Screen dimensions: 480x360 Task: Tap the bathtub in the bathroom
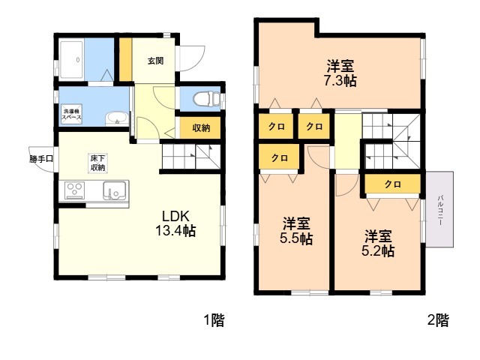tap(72, 60)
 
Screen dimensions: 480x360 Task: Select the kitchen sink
tap(114, 190)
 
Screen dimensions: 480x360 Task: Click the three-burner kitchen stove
tap(75, 190)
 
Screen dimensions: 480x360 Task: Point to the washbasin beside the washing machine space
tap(117, 118)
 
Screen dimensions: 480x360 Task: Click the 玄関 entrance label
tap(155, 61)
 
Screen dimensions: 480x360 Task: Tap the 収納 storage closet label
tap(201, 127)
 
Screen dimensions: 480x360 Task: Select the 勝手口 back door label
tap(41, 159)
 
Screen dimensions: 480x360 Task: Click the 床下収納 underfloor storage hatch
tap(97, 163)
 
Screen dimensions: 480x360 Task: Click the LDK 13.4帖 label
tap(175, 223)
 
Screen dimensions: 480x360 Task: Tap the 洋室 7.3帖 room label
tap(340, 73)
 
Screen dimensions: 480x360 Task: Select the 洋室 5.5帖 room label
tap(296, 231)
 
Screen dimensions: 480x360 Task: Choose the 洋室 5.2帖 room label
tap(378, 243)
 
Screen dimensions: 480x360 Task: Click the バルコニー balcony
tap(440, 209)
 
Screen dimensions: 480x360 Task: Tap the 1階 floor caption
tap(214, 320)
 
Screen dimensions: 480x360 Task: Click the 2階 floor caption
tap(438, 320)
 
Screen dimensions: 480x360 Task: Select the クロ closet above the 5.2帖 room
tap(393, 184)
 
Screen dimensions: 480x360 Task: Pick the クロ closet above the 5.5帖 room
tap(279, 157)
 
